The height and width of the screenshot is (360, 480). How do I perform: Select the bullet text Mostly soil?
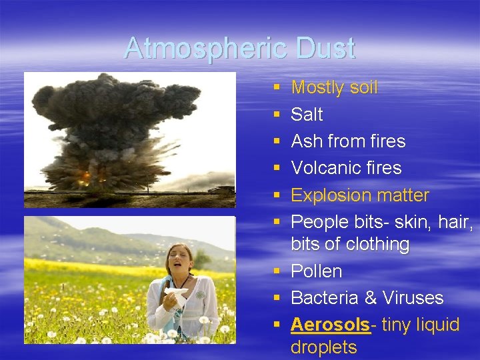(x=334, y=87)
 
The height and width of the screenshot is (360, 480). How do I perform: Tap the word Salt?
(x=307, y=115)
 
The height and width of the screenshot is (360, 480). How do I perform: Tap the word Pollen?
(x=317, y=271)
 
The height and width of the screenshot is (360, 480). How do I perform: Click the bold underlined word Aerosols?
(x=330, y=325)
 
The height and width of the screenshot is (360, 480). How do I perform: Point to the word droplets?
(x=323, y=347)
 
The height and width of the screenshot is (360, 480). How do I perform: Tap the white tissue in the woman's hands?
(x=177, y=297)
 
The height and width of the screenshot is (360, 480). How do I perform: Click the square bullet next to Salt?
(x=277, y=115)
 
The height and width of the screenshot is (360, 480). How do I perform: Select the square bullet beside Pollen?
(x=277, y=272)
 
